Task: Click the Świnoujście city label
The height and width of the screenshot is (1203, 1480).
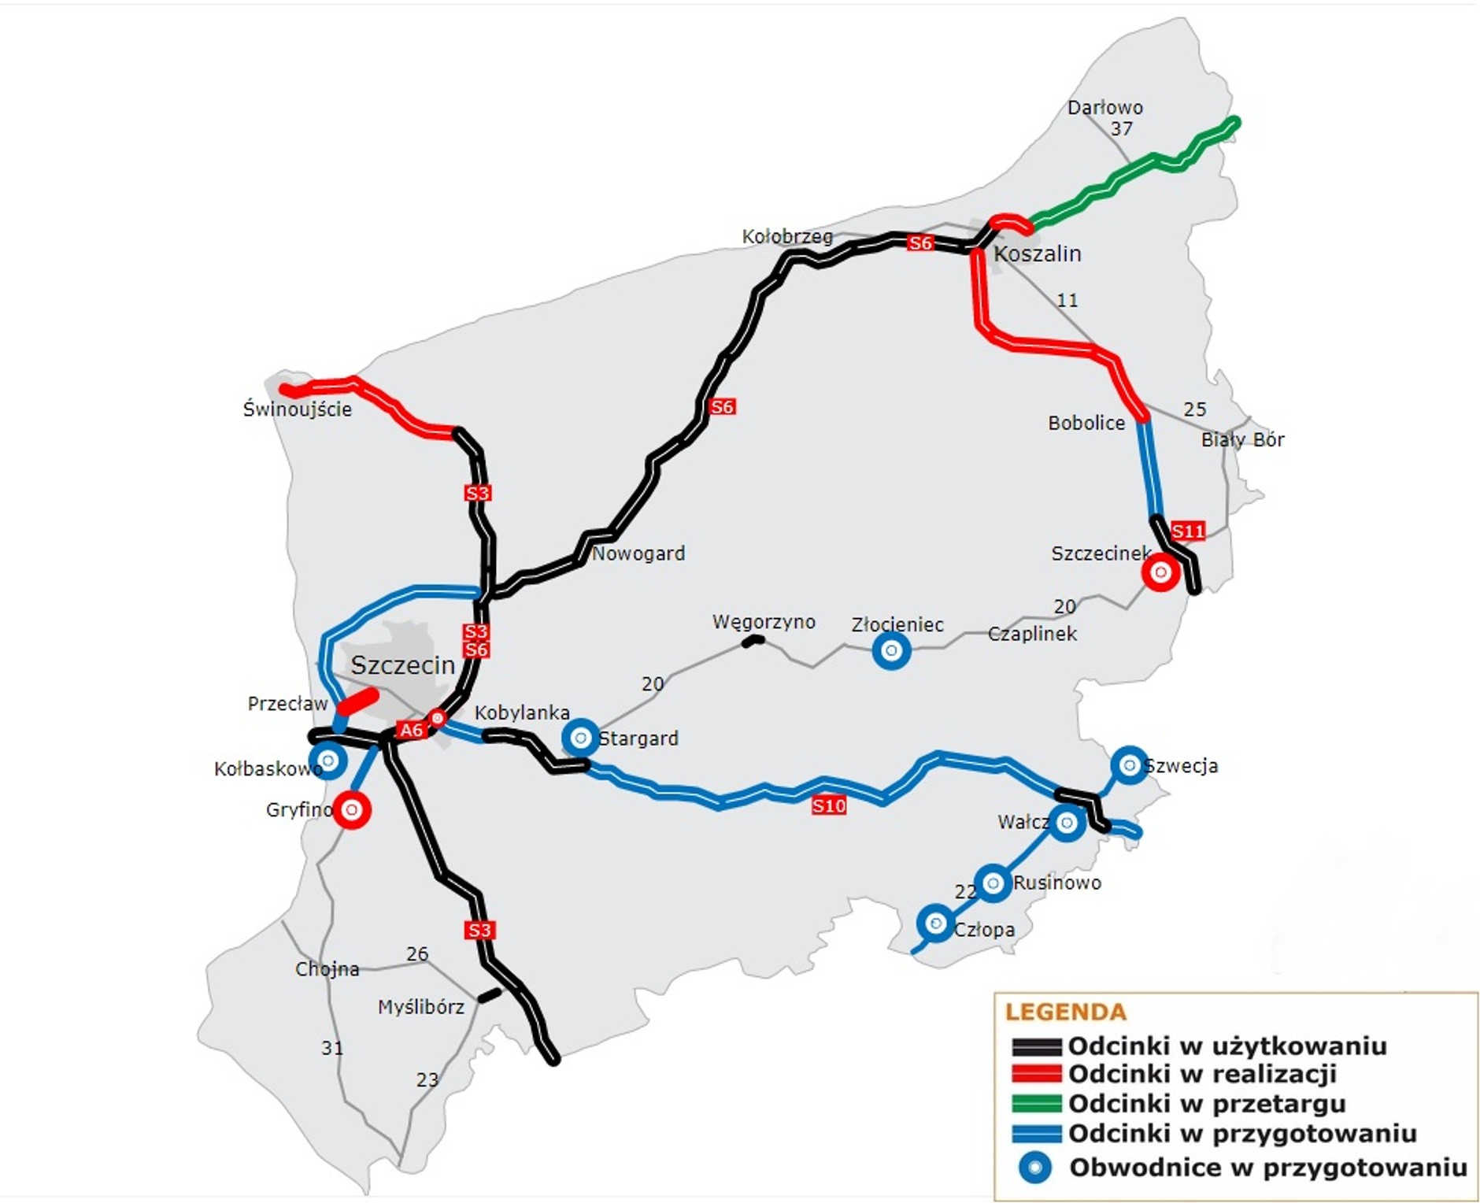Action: tap(297, 409)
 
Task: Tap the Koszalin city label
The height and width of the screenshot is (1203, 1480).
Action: tap(1037, 254)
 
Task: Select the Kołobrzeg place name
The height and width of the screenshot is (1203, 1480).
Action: tap(786, 236)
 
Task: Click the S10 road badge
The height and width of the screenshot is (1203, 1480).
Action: tap(828, 805)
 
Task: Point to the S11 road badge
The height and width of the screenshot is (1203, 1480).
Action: tap(1187, 531)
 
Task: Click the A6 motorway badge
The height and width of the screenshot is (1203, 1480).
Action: tap(411, 730)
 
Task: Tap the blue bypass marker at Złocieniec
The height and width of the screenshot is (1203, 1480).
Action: tap(891, 651)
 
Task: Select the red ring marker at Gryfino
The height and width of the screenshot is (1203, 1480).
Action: tap(352, 809)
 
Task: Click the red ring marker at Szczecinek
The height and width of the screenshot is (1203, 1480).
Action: tap(1160, 572)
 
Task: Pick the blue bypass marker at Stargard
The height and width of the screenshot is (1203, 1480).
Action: tap(580, 738)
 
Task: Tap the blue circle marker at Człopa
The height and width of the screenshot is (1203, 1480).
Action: tap(935, 923)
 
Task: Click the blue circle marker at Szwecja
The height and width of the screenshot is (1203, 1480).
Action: tap(1129, 765)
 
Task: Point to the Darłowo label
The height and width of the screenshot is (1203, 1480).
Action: tap(1104, 108)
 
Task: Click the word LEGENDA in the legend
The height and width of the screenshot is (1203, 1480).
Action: tap(1065, 1012)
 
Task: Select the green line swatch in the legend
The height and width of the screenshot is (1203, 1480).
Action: tap(1036, 1104)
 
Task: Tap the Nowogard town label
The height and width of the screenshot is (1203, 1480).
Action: tap(638, 553)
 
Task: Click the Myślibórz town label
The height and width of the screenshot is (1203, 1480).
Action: tap(420, 1007)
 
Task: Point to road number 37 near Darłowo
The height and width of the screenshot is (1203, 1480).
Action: tap(1121, 128)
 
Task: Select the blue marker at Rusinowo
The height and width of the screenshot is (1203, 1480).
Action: tap(992, 883)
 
